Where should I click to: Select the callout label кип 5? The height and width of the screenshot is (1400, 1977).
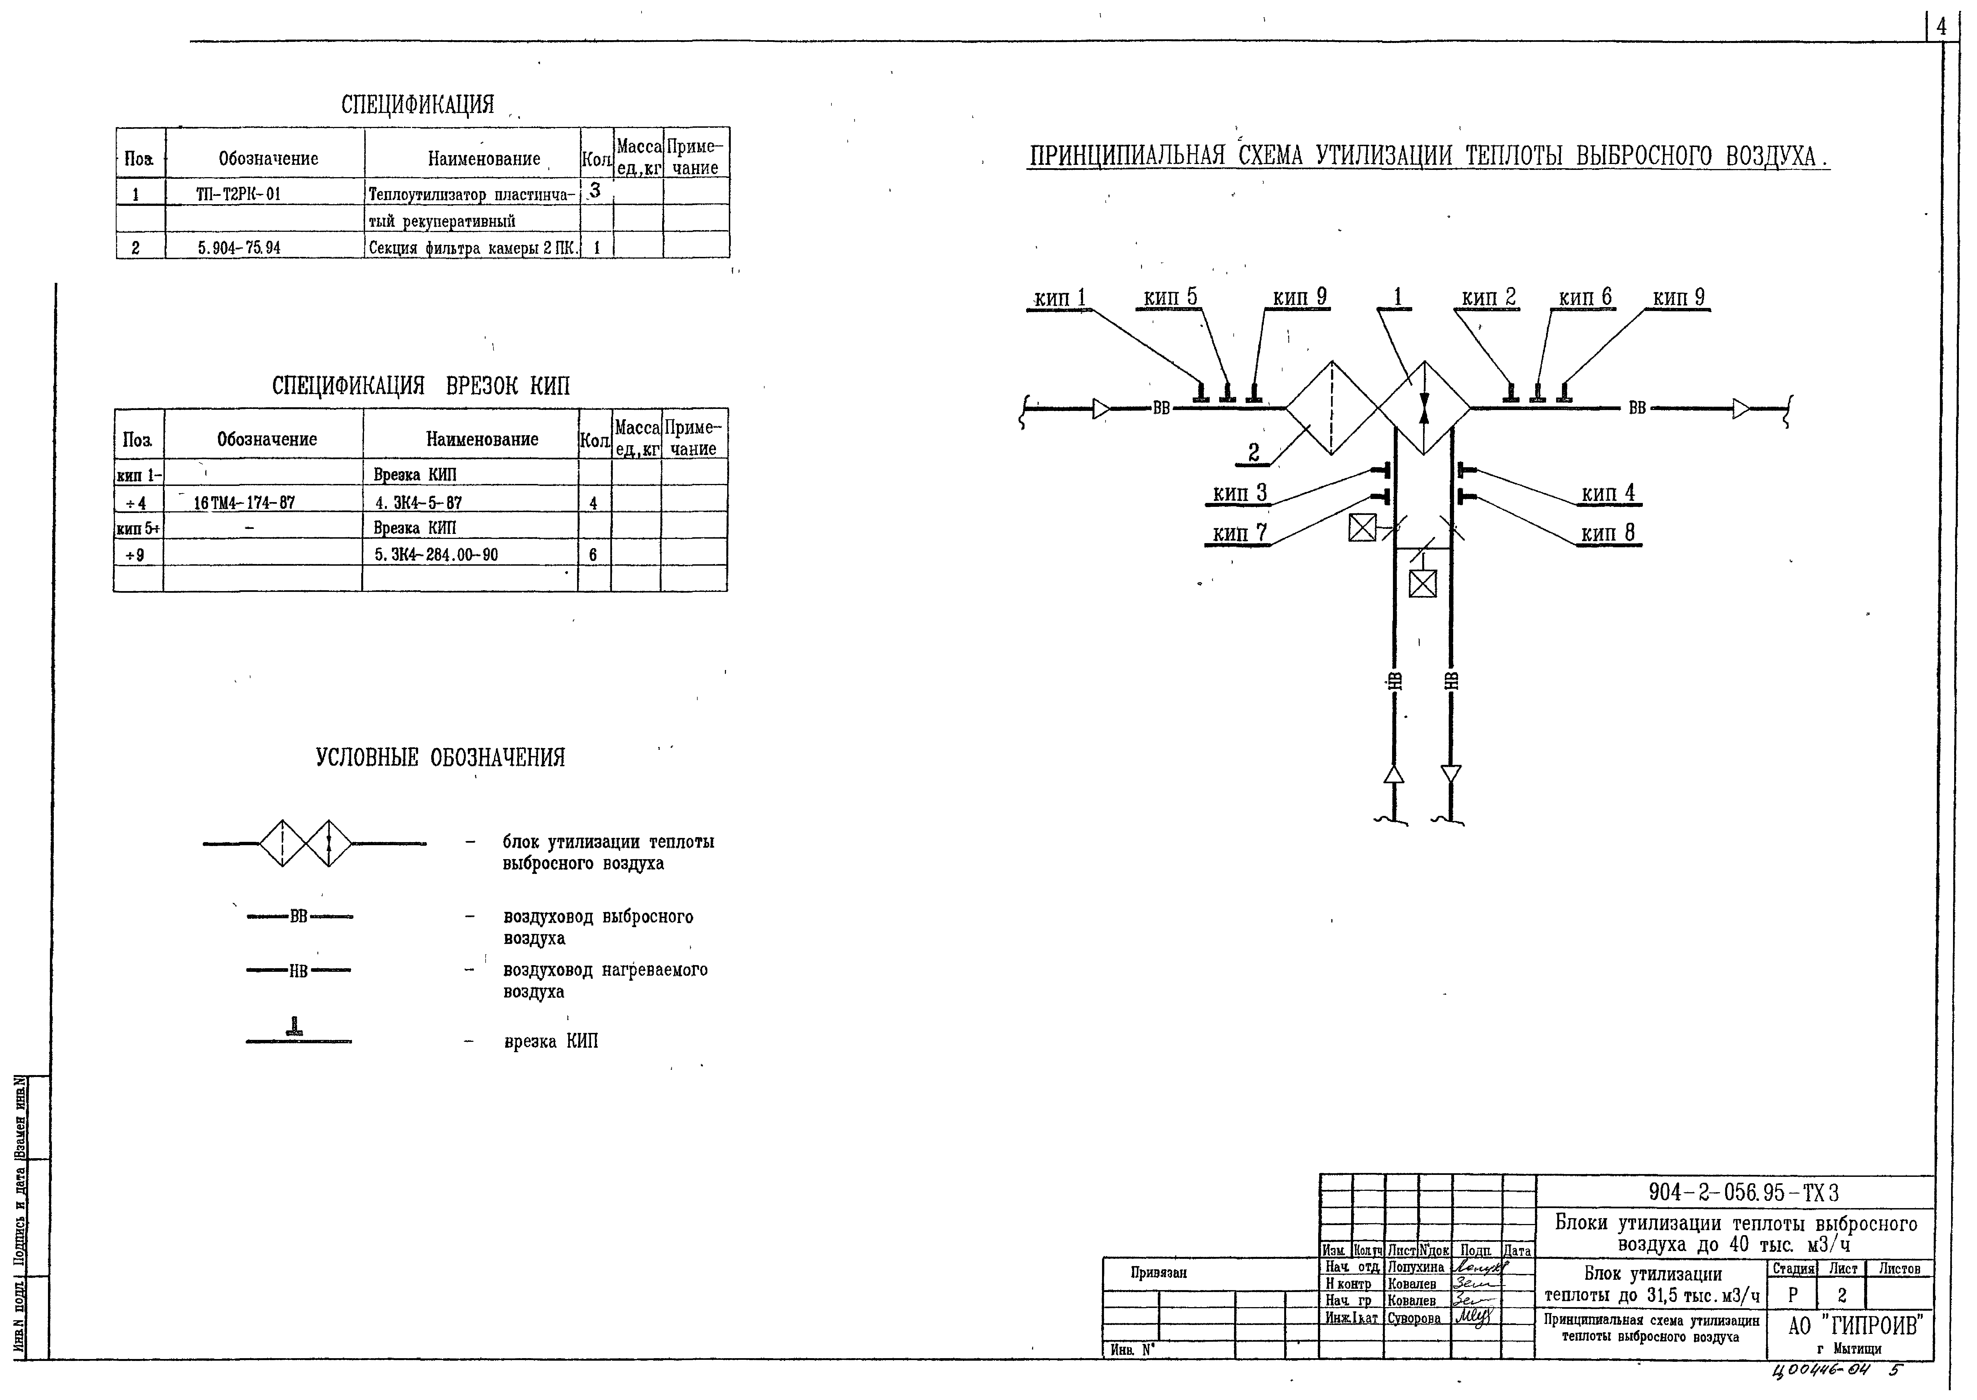[x=1170, y=297]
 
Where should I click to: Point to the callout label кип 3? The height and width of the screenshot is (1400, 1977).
[x=1239, y=493]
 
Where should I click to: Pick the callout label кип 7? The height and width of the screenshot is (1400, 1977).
[x=1239, y=534]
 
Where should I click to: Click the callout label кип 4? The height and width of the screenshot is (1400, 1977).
[x=1608, y=493]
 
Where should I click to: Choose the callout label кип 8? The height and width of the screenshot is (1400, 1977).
[x=1608, y=534]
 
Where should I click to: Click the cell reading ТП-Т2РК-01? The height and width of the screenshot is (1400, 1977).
[x=239, y=194]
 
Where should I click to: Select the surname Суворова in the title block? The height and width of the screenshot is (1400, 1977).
[x=1413, y=1318]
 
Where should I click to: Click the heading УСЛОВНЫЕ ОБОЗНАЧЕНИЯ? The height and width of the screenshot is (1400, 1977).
[x=440, y=758]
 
